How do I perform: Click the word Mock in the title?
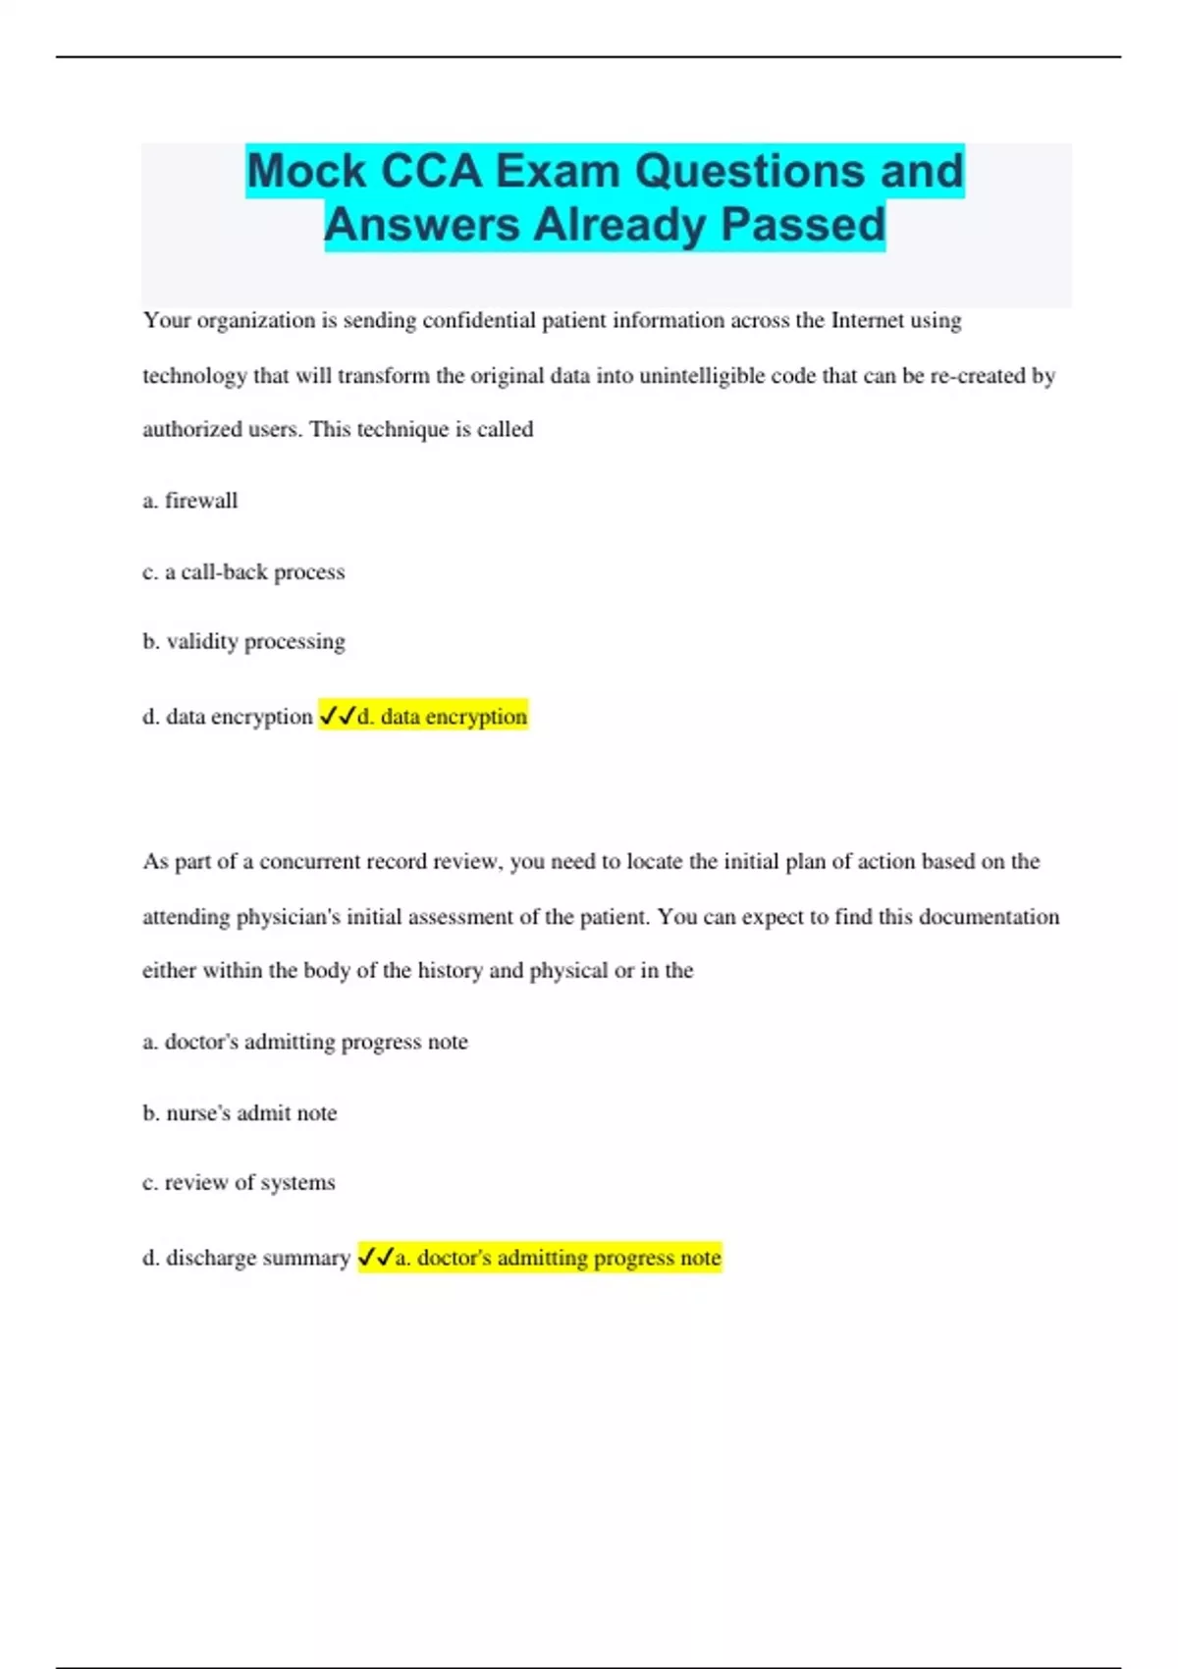click(x=306, y=171)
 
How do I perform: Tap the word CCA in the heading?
click(x=431, y=171)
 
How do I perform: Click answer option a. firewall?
click(x=190, y=501)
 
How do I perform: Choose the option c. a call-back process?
click(x=243, y=571)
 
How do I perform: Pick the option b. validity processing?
click(x=243, y=642)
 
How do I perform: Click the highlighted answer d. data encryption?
click(x=442, y=717)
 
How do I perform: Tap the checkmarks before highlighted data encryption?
click(x=337, y=717)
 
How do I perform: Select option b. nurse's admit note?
click(x=240, y=1112)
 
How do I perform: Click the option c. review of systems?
click(x=239, y=1182)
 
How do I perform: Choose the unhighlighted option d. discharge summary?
click(x=246, y=1258)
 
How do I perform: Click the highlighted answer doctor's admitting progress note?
click(x=558, y=1258)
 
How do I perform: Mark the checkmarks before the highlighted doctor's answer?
click(x=375, y=1257)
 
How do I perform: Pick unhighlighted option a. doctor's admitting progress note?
click(x=305, y=1042)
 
